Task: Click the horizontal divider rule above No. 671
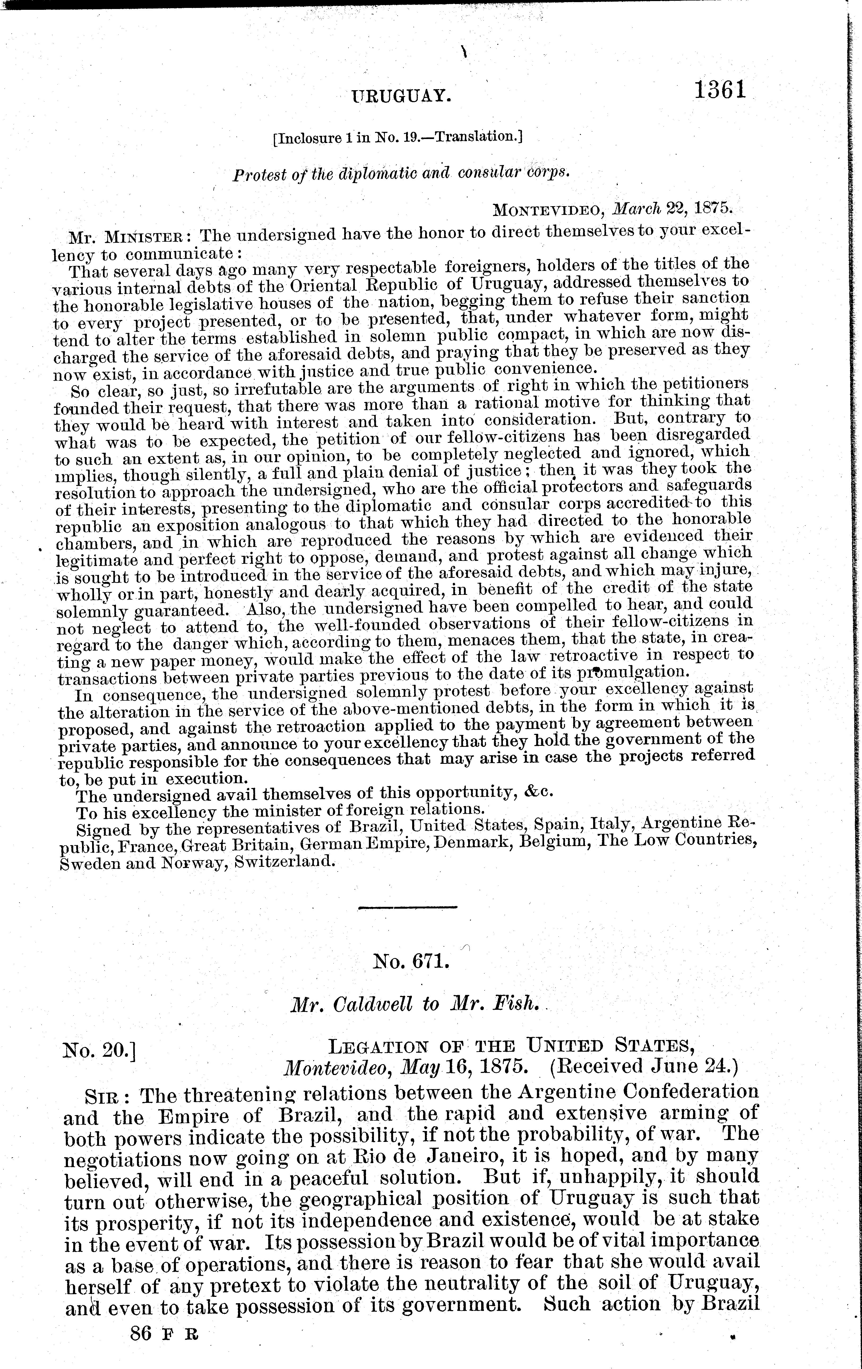[408, 907]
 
